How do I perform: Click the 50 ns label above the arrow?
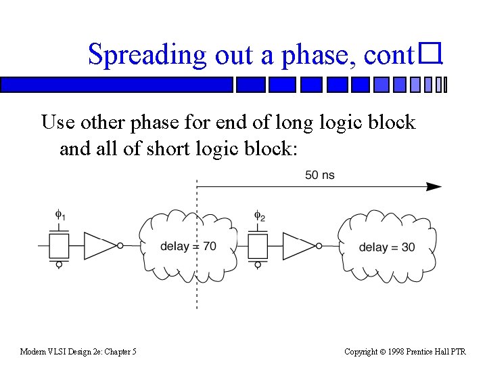319,176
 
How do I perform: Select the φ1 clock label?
60,216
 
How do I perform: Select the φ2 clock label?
260,216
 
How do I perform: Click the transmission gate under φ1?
60,246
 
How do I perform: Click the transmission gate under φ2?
258,246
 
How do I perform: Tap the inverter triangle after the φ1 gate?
99,246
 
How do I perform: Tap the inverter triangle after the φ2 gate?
298,246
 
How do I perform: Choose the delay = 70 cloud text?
188,246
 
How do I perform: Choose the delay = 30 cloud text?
387,247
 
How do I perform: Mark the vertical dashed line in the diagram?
197,285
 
